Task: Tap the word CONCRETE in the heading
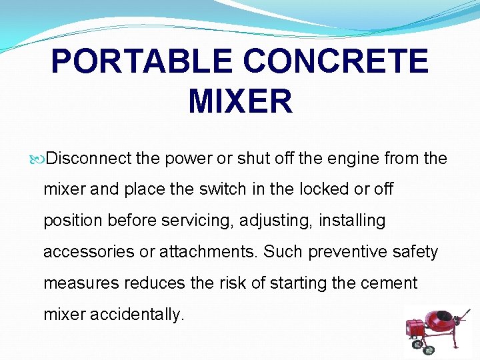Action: (335, 62)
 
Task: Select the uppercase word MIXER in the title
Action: (240, 101)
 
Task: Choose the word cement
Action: (388, 283)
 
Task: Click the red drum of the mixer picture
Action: (441, 321)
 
